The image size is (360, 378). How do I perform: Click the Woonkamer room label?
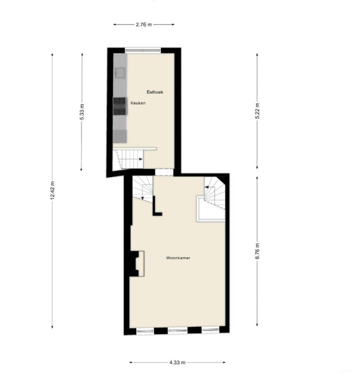(178, 258)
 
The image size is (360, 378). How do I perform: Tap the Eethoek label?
(155, 92)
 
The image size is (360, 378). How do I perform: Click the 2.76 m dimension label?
(144, 25)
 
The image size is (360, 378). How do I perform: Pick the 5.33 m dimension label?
(82, 111)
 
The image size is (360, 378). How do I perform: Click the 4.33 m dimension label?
(177, 362)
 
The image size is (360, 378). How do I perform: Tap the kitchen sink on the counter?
(120, 73)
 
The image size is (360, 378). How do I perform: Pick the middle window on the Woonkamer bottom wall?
(177, 330)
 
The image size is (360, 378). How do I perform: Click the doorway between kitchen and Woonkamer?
(164, 172)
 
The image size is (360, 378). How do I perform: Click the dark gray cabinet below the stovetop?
(120, 135)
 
